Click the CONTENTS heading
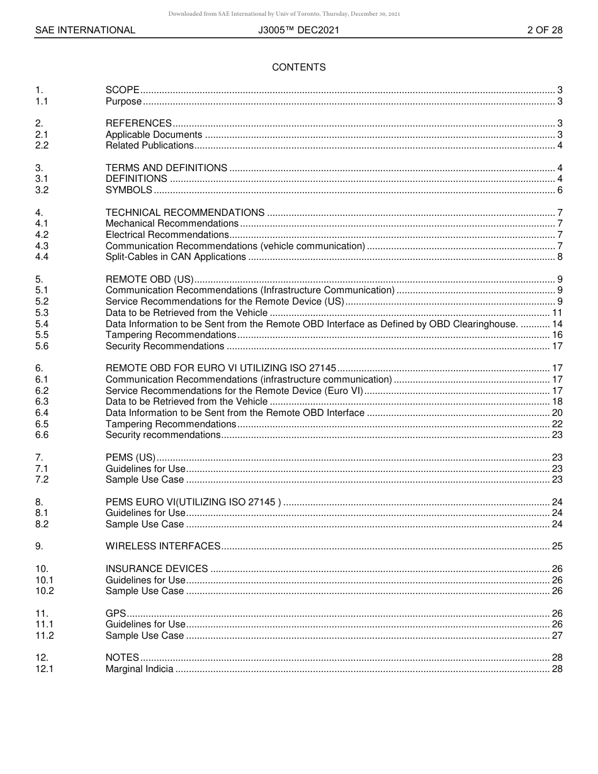click(298, 67)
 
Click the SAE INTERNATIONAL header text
click(85, 30)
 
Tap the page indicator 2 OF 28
click(544, 30)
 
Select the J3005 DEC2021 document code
click(298, 30)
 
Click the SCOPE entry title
click(122, 90)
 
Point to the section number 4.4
click(42, 257)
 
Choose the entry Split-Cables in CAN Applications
click(176, 257)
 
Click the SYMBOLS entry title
click(128, 190)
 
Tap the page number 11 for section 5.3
click(556, 313)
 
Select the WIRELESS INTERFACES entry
click(163, 546)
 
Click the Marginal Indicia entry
click(139, 669)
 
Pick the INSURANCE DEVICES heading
click(157, 569)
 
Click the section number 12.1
click(45, 669)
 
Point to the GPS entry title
click(115, 614)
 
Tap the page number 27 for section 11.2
click(556, 636)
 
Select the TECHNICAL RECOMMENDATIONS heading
click(185, 213)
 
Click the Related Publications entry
click(149, 145)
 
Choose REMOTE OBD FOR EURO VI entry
click(221, 368)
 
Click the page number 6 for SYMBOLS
click(559, 190)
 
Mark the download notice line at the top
click(284, 14)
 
